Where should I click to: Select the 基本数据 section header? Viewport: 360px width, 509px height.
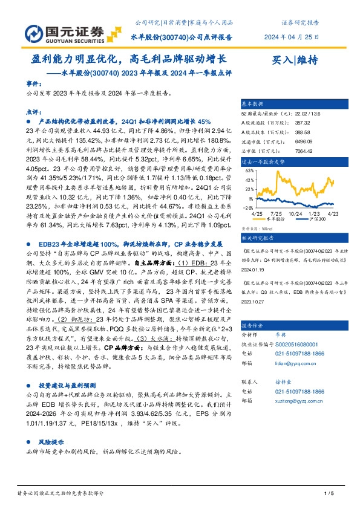pos(252,104)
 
